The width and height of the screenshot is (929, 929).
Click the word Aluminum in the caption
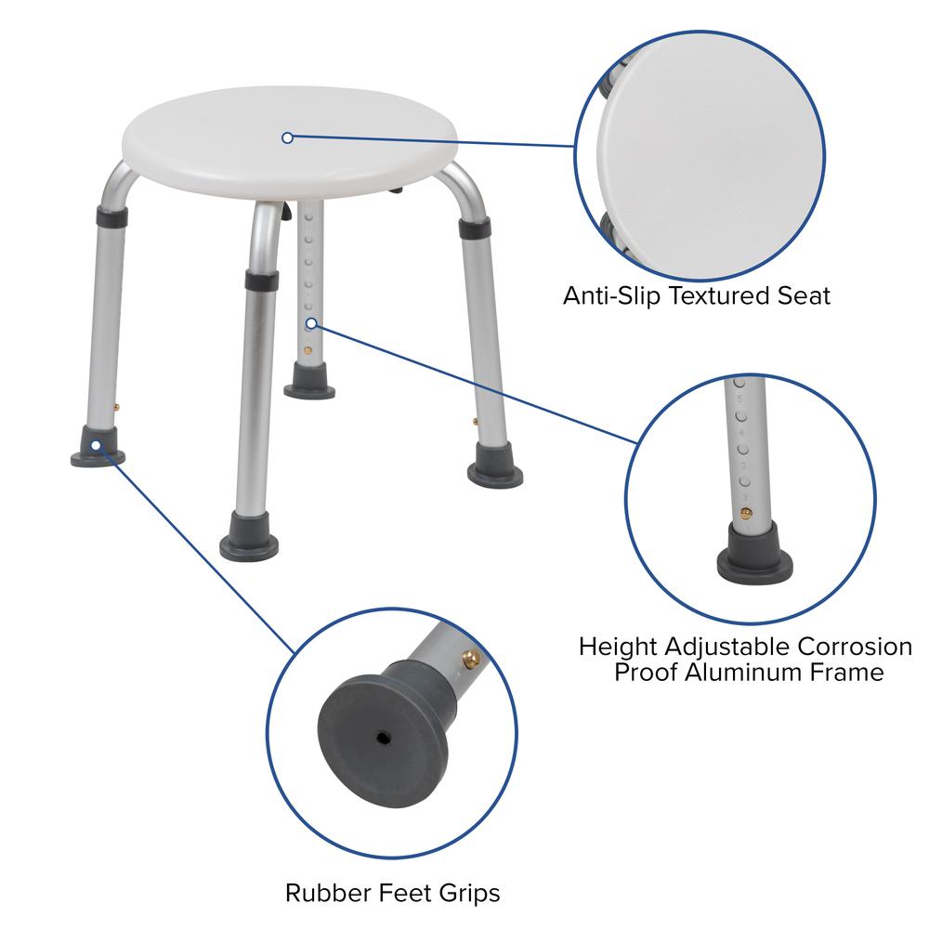[749, 672]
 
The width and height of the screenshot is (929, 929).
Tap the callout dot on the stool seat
[287, 137]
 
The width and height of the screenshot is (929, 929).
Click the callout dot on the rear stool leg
[310, 323]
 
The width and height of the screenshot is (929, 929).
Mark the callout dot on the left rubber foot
[95, 445]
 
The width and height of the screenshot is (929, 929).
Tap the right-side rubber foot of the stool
[494, 464]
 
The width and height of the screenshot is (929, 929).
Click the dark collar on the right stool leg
[475, 228]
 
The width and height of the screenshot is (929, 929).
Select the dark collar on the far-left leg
[111, 217]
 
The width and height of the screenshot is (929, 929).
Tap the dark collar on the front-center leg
[261, 280]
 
